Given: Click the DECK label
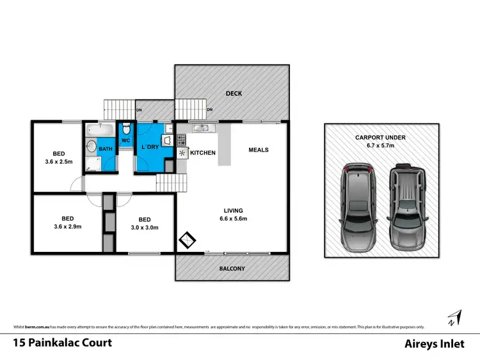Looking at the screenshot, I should tap(234, 94).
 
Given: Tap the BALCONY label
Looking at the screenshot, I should tap(232, 269).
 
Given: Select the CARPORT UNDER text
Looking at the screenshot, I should tap(381, 137).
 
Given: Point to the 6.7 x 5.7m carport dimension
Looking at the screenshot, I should tap(381, 145).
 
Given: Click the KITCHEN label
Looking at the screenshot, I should tap(203, 153).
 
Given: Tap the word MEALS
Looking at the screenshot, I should tap(258, 150).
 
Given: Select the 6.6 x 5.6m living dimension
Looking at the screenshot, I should tap(234, 219).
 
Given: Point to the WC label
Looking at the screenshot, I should tap(125, 140).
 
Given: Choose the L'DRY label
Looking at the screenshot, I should tap(150, 148).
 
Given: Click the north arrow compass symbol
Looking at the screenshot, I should tap(455, 317).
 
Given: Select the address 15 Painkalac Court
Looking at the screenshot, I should tap(62, 343).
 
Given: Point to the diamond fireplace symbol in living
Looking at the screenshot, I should tap(187, 240).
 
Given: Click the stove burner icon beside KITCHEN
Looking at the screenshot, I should tap(182, 153).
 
